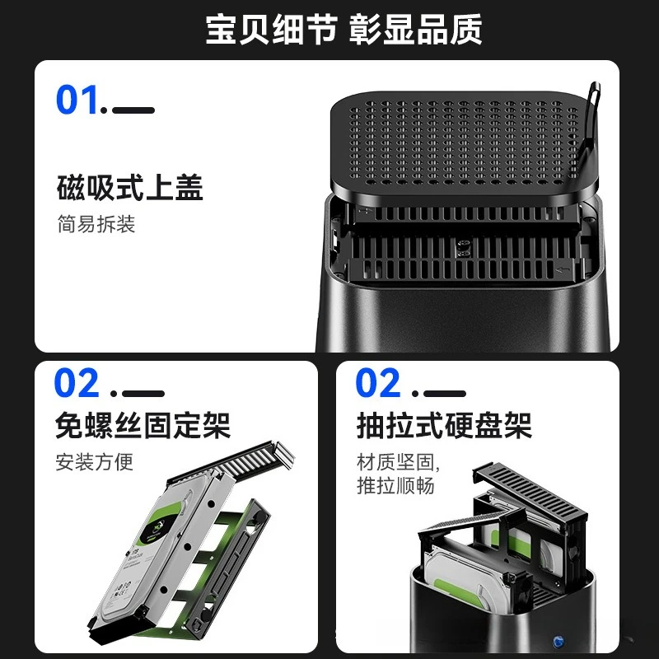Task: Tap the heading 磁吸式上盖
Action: [x=129, y=188]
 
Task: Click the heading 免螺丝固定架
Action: [x=142, y=426]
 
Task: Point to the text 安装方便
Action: [x=94, y=461]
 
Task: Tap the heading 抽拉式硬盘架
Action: [x=443, y=426]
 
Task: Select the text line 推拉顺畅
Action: [x=395, y=486]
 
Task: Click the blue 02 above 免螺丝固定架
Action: [x=77, y=384]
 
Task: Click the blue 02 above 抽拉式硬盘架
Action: [x=378, y=384]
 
